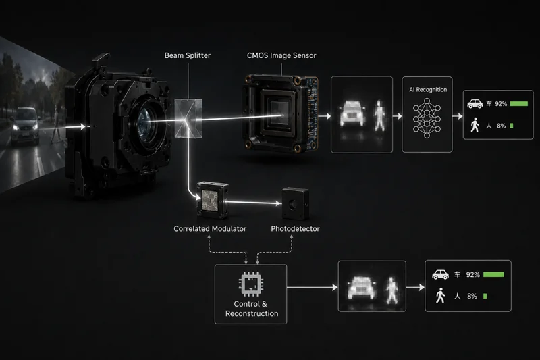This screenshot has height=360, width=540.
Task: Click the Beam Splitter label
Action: [x=188, y=55]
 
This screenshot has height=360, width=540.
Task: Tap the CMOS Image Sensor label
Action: [x=281, y=55]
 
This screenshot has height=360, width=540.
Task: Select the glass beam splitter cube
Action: [x=188, y=118]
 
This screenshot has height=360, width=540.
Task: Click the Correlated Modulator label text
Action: [x=210, y=229]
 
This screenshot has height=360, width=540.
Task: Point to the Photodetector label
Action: [x=295, y=229]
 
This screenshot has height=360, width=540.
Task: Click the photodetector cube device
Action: [x=295, y=204]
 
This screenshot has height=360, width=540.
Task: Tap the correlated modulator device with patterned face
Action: [x=212, y=201]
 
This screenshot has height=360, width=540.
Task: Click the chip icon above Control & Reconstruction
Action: [x=251, y=284]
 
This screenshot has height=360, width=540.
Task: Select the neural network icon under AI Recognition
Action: [x=427, y=118]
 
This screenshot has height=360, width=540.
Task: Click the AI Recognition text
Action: [x=428, y=90]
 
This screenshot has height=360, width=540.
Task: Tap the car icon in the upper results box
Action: [x=475, y=104]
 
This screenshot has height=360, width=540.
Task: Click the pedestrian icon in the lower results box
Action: [x=440, y=296]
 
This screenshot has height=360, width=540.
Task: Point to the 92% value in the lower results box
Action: [x=473, y=275]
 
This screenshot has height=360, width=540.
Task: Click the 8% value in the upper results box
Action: [x=501, y=126]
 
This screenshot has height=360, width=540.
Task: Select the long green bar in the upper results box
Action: [x=519, y=104]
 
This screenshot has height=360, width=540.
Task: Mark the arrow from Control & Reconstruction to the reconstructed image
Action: [x=312, y=287]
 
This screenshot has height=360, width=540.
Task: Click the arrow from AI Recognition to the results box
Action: [x=458, y=116]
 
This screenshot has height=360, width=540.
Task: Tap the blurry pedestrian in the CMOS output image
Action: [x=379, y=115]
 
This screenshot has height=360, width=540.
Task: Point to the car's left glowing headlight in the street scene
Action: [x=16, y=128]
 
